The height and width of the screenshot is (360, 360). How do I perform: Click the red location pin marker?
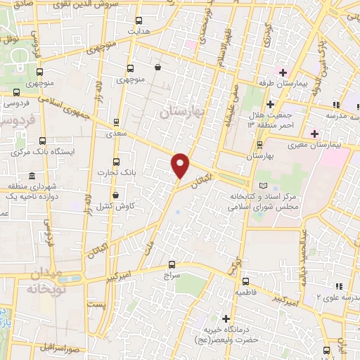(x=181, y=165)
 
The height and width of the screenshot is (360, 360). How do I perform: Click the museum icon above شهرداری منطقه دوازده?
(x=31, y=176)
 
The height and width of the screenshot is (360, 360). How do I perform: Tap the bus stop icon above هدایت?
(x=139, y=20)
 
